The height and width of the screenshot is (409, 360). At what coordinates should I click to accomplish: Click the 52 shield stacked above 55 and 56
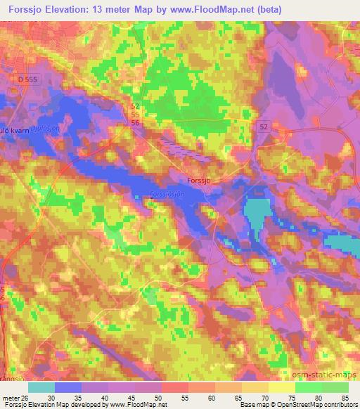[x=134, y=105]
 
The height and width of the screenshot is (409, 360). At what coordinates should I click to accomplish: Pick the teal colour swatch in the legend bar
[x=41, y=387]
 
